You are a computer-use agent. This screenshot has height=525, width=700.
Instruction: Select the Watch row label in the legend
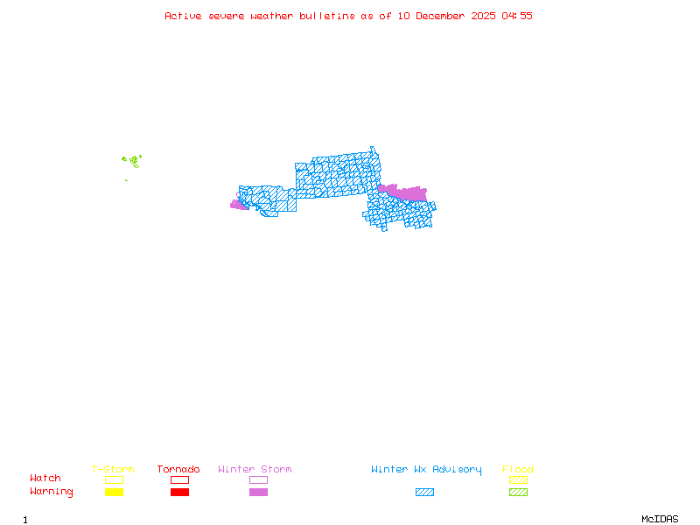pos(45,479)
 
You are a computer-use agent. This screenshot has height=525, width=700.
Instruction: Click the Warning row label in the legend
pos(52,492)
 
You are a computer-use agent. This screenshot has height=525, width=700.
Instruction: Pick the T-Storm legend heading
pos(113,470)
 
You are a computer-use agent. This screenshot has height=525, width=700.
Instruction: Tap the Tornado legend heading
pos(178,470)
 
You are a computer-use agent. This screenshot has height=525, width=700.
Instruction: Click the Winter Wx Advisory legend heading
pos(426,470)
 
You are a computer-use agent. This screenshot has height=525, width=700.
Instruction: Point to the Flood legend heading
pos(518,470)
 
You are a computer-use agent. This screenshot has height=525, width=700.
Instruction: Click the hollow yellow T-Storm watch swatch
pos(114,479)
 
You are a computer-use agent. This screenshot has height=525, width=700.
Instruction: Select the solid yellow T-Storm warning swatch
pos(114,493)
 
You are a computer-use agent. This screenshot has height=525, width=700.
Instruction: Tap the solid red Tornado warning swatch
pos(179,493)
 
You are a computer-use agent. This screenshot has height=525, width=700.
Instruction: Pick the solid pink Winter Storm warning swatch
pos(258,493)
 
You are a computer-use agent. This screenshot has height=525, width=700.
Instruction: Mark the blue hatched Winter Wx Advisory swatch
pos(424,493)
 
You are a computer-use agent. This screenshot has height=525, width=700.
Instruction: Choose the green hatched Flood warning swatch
pos(518,493)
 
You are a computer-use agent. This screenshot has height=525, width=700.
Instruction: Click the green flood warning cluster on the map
pos(133,161)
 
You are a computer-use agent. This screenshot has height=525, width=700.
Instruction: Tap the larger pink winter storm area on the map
pos(404,192)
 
